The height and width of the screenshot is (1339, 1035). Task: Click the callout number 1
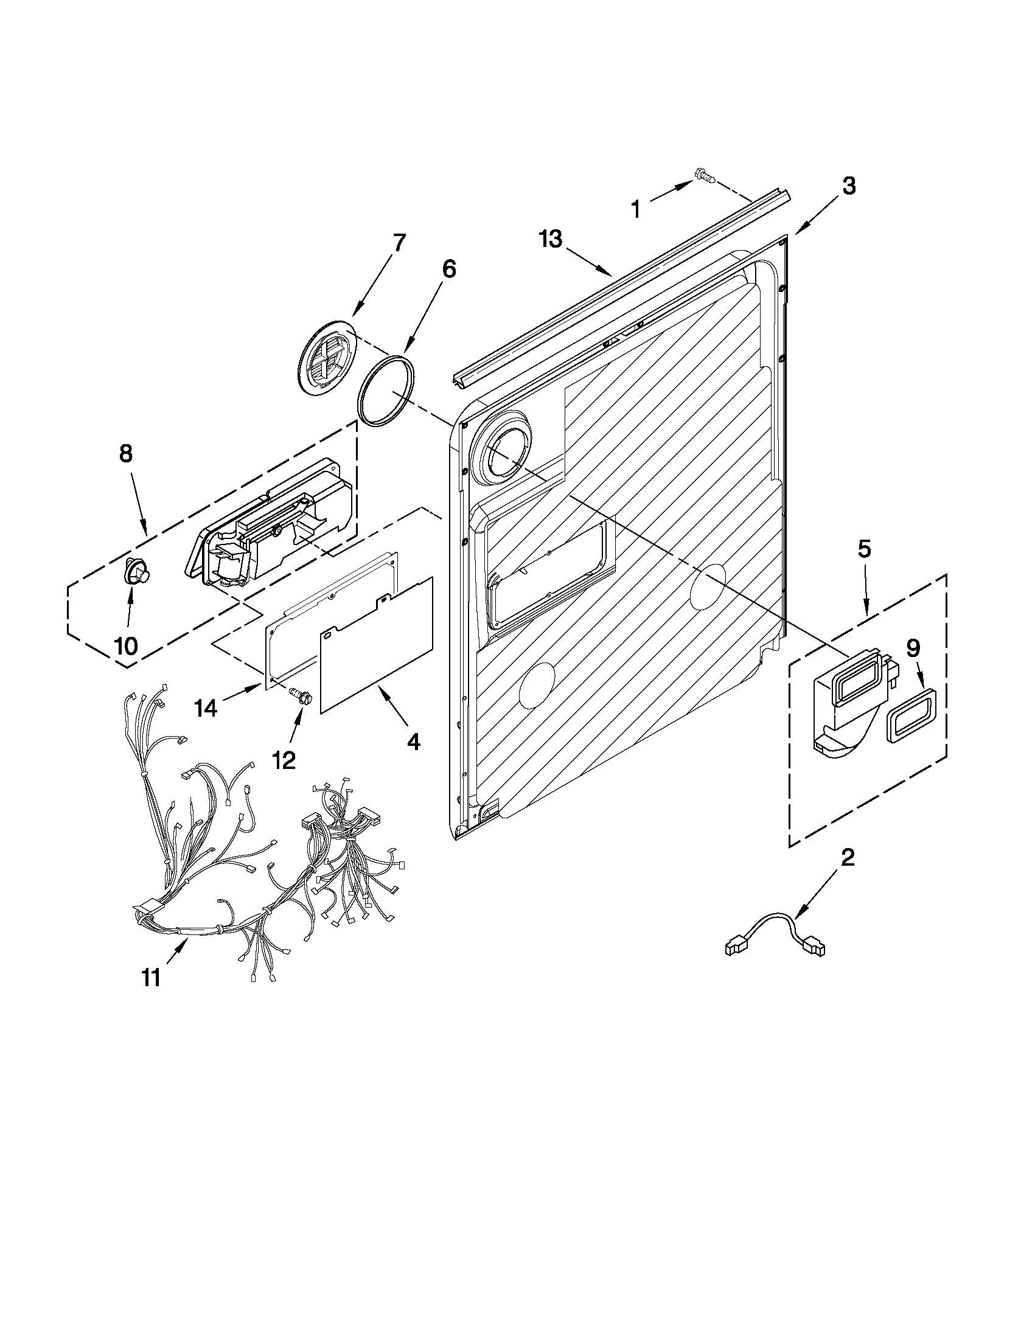pyautogui.click(x=636, y=210)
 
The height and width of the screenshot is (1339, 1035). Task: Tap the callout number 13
pyautogui.click(x=551, y=239)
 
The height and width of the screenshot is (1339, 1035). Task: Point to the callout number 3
pyautogui.click(x=848, y=186)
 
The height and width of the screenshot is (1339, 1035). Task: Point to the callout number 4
pyautogui.click(x=414, y=742)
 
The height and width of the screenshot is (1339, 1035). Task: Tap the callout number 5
pyautogui.click(x=863, y=549)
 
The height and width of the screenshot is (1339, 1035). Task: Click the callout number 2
pyautogui.click(x=847, y=858)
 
